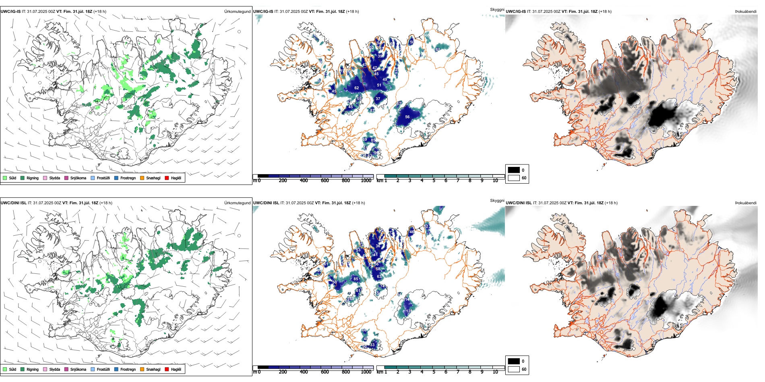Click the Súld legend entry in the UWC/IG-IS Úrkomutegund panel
tap(10, 178)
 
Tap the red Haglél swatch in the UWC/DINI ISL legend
tap(167, 369)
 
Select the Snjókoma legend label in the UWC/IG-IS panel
tap(78, 178)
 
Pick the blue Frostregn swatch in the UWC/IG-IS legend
tap(116, 178)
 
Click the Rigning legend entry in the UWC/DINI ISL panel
tap(29, 369)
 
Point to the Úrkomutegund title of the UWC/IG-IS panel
tap(237, 11)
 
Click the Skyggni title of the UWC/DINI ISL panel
tap(497, 200)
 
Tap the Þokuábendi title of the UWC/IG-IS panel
tap(746, 11)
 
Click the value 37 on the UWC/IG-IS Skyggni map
tap(378, 99)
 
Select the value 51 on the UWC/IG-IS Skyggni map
tap(379, 85)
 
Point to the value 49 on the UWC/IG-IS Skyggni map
tap(385, 80)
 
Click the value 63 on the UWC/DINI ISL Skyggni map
tap(379, 277)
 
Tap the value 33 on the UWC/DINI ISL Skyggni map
tap(372, 345)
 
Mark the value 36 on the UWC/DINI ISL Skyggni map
tap(378, 246)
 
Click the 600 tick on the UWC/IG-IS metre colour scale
tap(325, 181)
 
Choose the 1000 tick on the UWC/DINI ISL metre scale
tap(366, 372)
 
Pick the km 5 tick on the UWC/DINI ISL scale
tap(434, 372)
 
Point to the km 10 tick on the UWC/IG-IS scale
tap(495, 181)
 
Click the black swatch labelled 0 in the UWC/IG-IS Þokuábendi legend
tap(514, 170)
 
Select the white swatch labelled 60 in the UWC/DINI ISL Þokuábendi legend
tap(514, 369)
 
